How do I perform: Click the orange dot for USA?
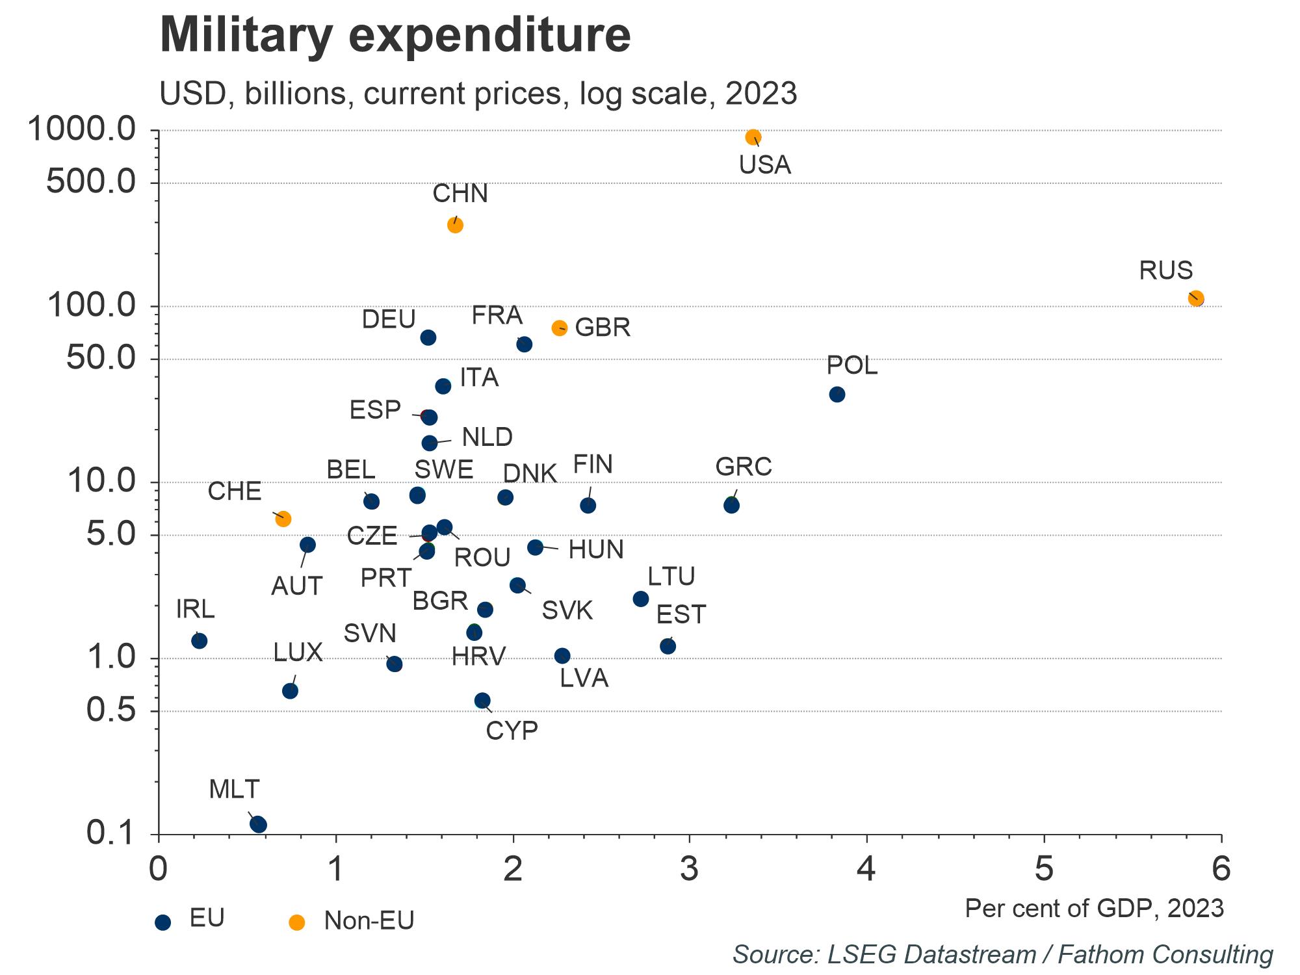click(x=753, y=137)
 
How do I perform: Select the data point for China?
click(x=455, y=226)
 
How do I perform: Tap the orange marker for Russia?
click(x=1196, y=299)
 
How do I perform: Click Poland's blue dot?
click(x=837, y=395)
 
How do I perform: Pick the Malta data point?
click(x=258, y=824)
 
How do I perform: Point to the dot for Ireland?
click(x=200, y=641)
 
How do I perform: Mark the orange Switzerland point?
click(x=283, y=519)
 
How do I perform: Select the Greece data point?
click(x=731, y=505)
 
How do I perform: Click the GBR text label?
click(x=603, y=328)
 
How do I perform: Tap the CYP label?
click(x=512, y=731)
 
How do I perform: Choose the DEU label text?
click(x=389, y=320)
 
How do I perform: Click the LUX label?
click(x=298, y=653)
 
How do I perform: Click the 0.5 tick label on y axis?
click(x=111, y=710)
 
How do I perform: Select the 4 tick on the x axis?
click(x=866, y=869)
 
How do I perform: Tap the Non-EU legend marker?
click(x=296, y=922)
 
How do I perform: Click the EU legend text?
click(x=207, y=918)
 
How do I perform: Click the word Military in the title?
click(x=246, y=35)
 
